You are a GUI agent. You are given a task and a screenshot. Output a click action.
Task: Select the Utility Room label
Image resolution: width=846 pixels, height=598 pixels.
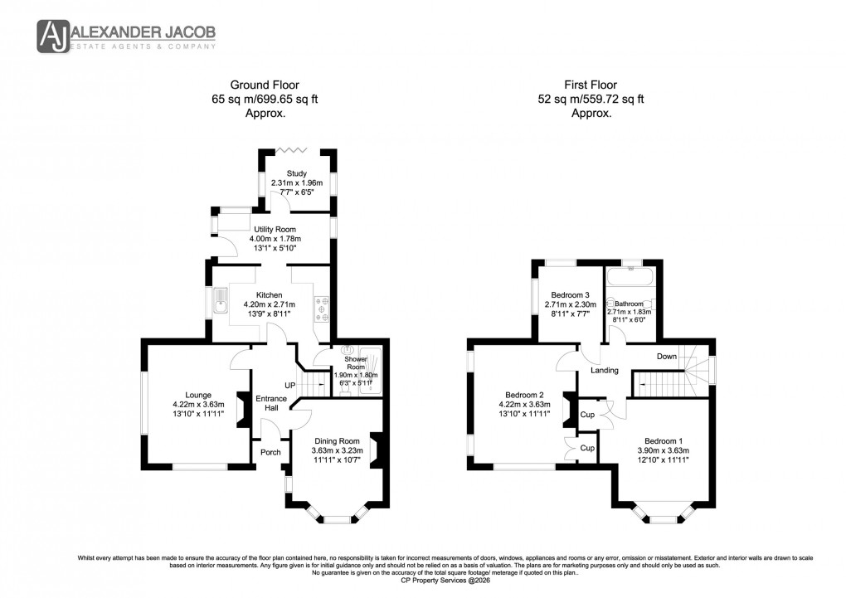click(x=275, y=229)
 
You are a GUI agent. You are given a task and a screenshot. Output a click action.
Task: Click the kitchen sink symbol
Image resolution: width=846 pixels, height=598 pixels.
click(x=221, y=301)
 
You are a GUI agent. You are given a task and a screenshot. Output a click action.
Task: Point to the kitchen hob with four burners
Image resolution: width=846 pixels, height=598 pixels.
click(x=323, y=307)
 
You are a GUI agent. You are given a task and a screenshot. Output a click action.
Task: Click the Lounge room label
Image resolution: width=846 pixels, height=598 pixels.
click(x=198, y=395)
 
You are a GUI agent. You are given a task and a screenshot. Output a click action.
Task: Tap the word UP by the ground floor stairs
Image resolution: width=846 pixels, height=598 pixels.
click(x=289, y=386)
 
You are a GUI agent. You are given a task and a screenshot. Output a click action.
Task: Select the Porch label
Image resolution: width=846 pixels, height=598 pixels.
click(x=270, y=452)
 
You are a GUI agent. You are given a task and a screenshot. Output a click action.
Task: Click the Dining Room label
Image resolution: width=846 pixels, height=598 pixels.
click(x=337, y=440)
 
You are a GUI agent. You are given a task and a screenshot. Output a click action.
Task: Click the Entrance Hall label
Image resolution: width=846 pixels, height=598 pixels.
click(x=270, y=404)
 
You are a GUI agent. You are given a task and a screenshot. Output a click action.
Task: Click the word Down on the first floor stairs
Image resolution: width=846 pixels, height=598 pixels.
click(x=667, y=357)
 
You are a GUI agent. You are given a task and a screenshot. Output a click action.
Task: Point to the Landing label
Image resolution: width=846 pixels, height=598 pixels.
click(x=604, y=370)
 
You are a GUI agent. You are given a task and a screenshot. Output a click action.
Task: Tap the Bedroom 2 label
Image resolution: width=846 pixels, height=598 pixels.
click(x=524, y=395)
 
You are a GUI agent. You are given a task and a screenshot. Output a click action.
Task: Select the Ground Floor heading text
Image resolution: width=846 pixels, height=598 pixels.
click(x=265, y=85)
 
